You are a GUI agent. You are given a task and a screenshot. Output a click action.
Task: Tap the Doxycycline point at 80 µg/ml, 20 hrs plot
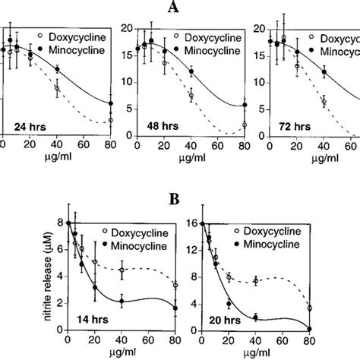point(309,308)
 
